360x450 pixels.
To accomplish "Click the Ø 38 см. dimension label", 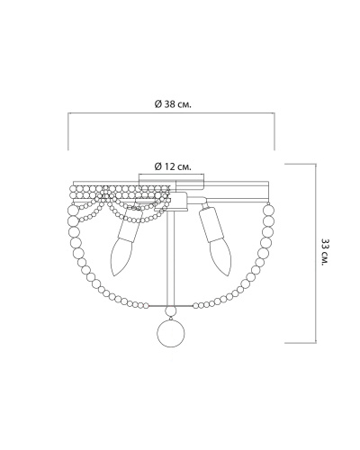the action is tap(173, 104).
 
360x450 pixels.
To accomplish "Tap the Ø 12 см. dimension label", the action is tap(173, 166).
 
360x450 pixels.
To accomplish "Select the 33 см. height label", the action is tap(325, 252).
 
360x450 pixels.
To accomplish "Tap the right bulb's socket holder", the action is tap(212, 222).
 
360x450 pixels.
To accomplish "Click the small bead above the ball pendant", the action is tap(171, 310).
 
